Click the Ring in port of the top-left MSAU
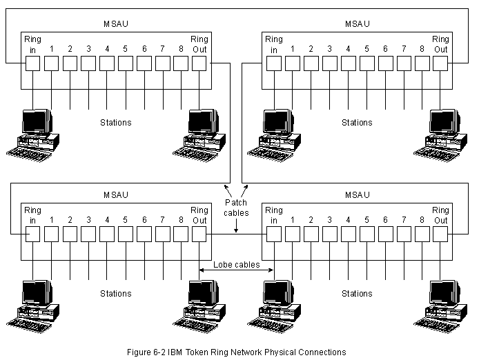(x=33, y=63)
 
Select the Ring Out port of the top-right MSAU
(x=440, y=63)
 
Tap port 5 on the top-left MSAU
(x=126, y=63)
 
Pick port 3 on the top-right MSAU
(x=329, y=63)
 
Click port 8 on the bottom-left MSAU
(x=181, y=234)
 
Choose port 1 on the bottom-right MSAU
(x=293, y=234)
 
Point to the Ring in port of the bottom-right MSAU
(x=274, y=234)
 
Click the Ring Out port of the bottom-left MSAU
(x=199, y=234)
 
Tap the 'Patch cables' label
(x=236, y=208)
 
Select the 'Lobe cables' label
(x=236, y=264)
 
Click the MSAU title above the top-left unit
(x=115, y=24)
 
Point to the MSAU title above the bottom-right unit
(x=357, y=195)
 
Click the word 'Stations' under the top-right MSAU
(x=357, y=123)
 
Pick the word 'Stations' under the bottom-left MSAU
(x=115, y=294)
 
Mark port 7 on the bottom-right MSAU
(x=403, y=234)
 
